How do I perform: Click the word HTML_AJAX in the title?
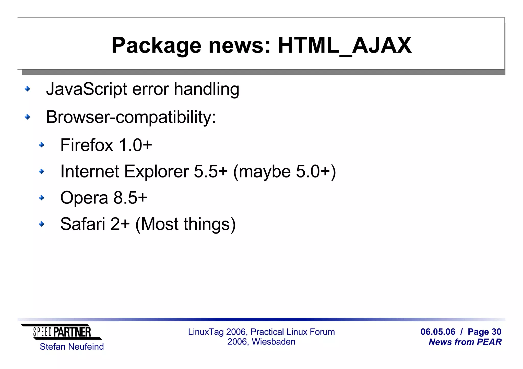345,46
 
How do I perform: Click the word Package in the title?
156,46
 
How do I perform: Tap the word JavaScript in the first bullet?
86,89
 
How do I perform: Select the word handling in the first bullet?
206,89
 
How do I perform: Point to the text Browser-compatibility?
131,117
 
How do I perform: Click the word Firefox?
86,145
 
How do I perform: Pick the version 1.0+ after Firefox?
135,145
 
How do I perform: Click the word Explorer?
156,171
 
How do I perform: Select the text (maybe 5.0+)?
284,172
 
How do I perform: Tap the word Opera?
84,198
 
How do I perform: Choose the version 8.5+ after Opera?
130,198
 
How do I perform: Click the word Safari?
82,224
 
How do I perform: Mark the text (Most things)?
185,224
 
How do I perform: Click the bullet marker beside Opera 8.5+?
41,198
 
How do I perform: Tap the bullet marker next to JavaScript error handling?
27,89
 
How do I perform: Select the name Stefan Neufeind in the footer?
72,347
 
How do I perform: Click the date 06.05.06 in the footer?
438,332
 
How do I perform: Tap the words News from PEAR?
465,342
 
